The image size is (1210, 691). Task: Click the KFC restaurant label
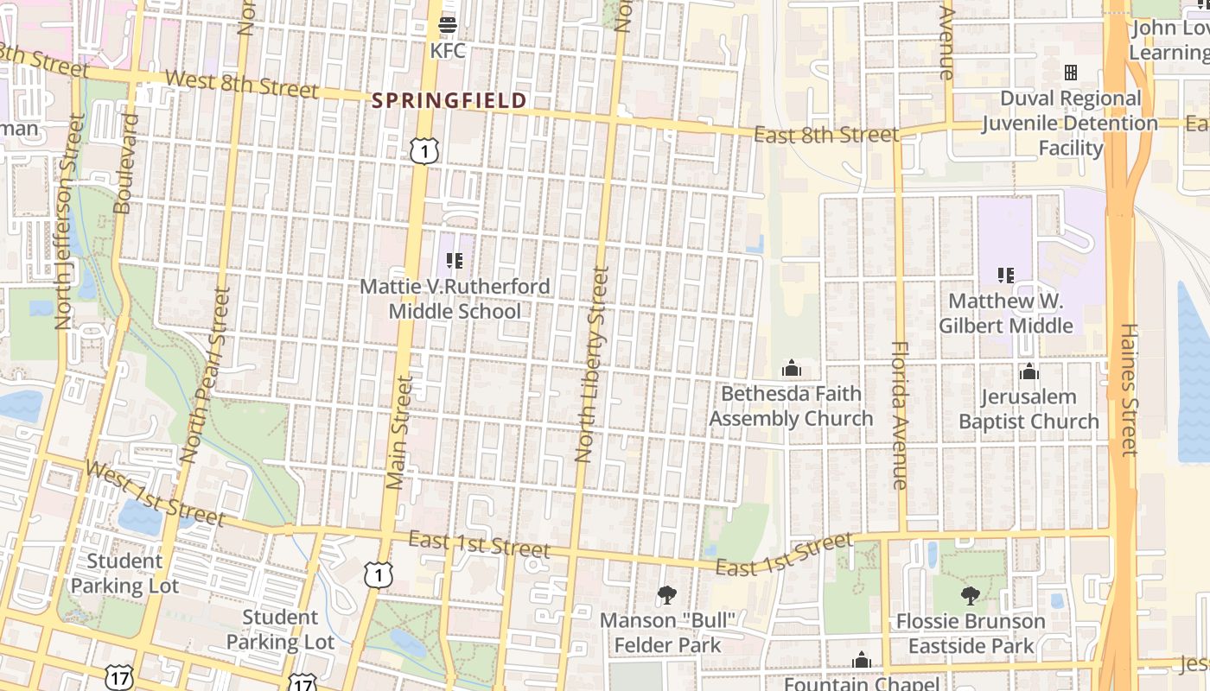click(448, 51)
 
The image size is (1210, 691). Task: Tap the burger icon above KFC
click(448, 24)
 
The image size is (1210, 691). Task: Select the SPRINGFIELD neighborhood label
click(449, 101)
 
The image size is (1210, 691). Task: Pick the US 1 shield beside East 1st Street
click(379, 574)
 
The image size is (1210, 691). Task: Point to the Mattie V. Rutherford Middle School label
click(455, 299)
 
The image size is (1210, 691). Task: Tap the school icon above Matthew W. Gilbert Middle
click(1006, 276)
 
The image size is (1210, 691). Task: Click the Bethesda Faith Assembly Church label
click(791, 406)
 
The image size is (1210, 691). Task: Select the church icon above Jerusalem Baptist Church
click(1028, 372)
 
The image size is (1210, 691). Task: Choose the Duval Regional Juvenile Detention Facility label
click(1071, 124)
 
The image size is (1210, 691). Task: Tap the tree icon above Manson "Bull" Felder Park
click(666, 594)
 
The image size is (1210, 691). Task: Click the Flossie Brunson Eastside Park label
click(971, 633)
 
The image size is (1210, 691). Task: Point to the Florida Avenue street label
click(900, 415)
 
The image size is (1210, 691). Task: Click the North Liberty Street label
click(593, 365)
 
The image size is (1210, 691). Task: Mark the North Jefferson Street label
click(67, 223)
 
